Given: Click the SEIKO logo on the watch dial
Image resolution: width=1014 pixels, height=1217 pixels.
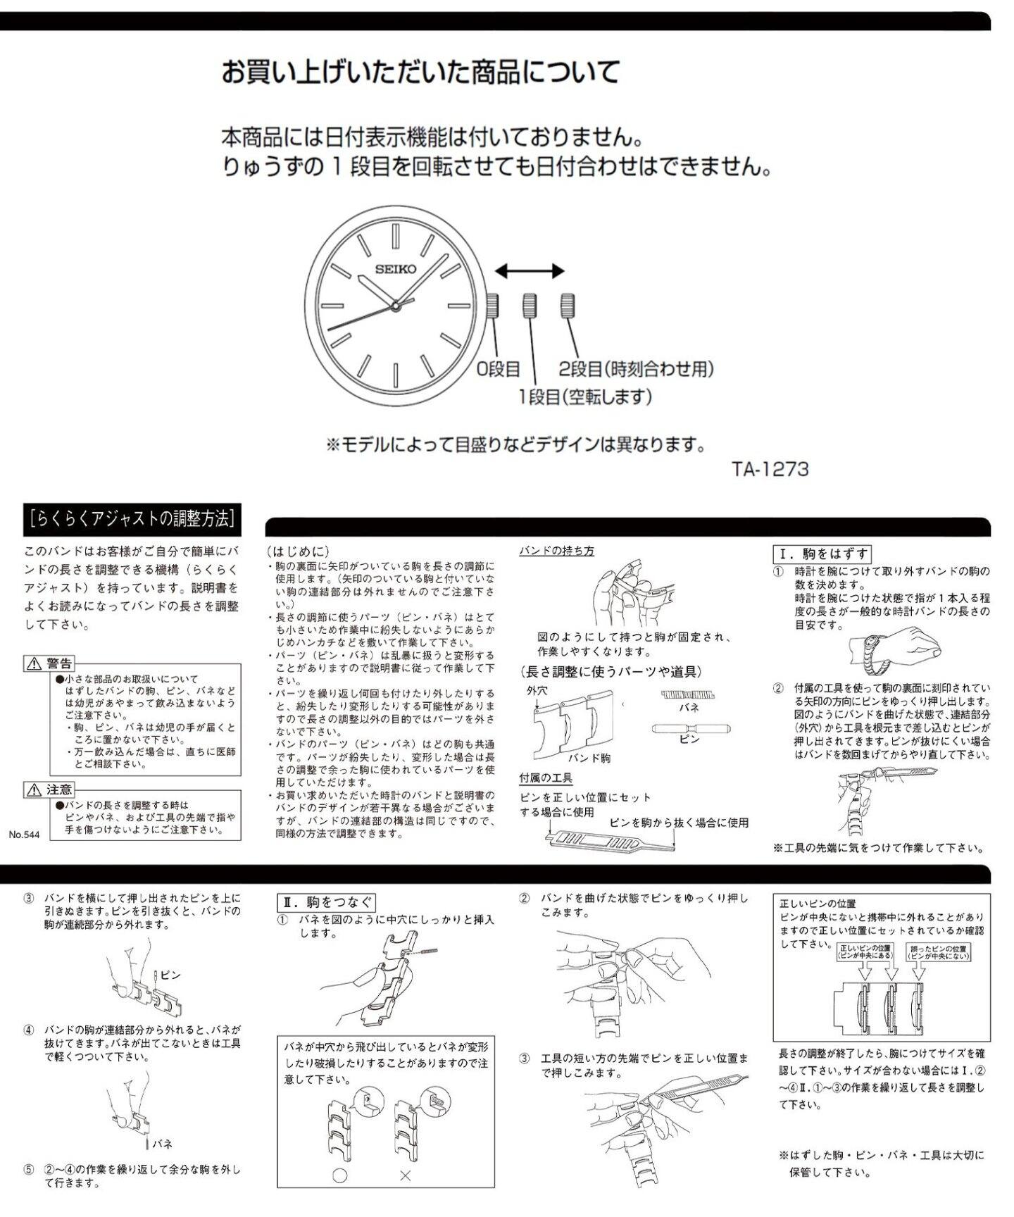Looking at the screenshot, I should point(395,269).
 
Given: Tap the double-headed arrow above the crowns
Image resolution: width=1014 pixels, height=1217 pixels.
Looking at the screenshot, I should point(529,271).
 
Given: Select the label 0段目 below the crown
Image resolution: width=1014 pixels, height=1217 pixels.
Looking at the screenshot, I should point(499,368).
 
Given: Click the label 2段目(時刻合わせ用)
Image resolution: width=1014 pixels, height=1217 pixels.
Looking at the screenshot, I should point(637,368).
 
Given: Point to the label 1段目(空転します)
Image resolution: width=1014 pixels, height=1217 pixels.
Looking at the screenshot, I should point(585,397).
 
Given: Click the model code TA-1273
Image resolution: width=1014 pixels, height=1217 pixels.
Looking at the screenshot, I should point(770,469).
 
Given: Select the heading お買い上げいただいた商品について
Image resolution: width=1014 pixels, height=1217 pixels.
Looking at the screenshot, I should point(420,72).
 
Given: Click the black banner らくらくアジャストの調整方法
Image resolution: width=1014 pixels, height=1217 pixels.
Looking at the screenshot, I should point(131,519).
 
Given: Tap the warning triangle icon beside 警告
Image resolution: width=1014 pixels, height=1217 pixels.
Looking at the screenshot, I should point(34,663).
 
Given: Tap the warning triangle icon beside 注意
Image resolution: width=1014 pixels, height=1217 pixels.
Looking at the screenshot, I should point(34,790).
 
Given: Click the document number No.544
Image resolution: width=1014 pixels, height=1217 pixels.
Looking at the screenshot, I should point(25,835).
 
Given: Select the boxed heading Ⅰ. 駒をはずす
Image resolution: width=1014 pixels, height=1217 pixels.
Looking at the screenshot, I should point(822,554).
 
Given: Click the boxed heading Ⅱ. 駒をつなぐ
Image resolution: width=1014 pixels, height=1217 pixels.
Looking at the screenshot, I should point(327,902).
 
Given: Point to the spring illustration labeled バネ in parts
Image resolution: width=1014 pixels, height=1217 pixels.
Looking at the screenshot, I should point(689,694).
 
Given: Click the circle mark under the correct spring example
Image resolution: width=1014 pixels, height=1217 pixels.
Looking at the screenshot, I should point(340,1175).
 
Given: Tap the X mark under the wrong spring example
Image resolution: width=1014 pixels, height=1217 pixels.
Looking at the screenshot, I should point(405,1175).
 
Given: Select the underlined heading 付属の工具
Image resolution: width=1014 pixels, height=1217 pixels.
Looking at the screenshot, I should point(546,778).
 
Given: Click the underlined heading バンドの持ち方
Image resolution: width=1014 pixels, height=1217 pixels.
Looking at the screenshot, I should point(556,551).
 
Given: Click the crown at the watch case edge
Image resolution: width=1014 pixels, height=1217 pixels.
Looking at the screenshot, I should point(492,306).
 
